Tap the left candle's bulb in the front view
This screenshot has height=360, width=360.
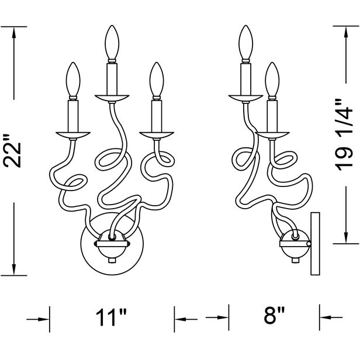point(74,81)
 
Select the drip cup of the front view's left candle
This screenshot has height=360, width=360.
point(73,134)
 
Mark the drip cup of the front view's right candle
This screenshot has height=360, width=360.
point(155,133)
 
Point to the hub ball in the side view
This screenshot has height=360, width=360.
point(294,244)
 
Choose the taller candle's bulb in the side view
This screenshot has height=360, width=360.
point(245,43)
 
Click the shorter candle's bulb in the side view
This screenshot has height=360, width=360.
point(271,80)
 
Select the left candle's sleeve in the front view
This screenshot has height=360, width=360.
point(74,115)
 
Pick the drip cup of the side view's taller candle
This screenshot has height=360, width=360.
point(245,97)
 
